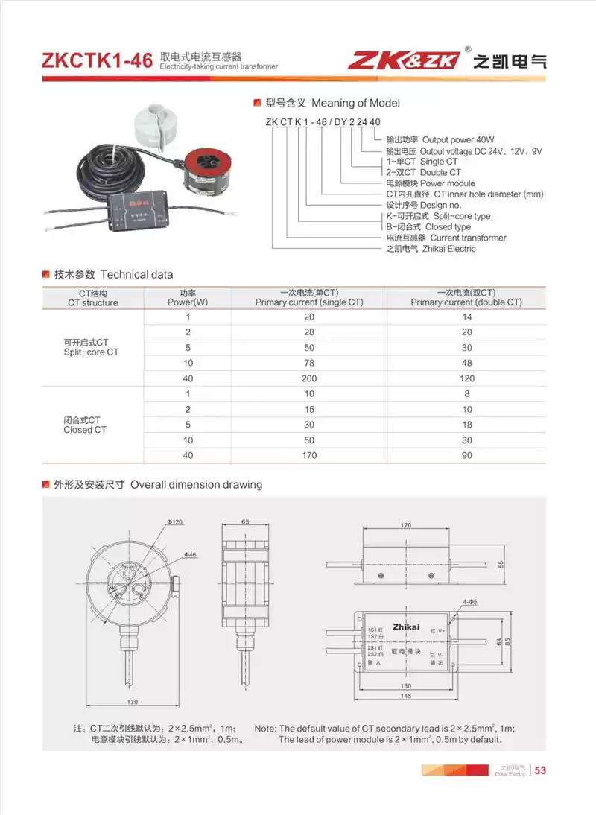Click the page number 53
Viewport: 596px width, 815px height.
pos(541,770)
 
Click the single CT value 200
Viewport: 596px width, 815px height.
pos(309,378)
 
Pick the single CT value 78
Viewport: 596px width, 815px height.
pos(309,363)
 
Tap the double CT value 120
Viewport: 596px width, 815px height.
pos(466,378)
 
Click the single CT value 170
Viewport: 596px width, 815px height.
pos(309,455)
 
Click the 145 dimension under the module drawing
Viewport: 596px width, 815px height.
pos(402,697)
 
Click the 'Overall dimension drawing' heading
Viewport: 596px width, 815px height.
pos(196,485)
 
